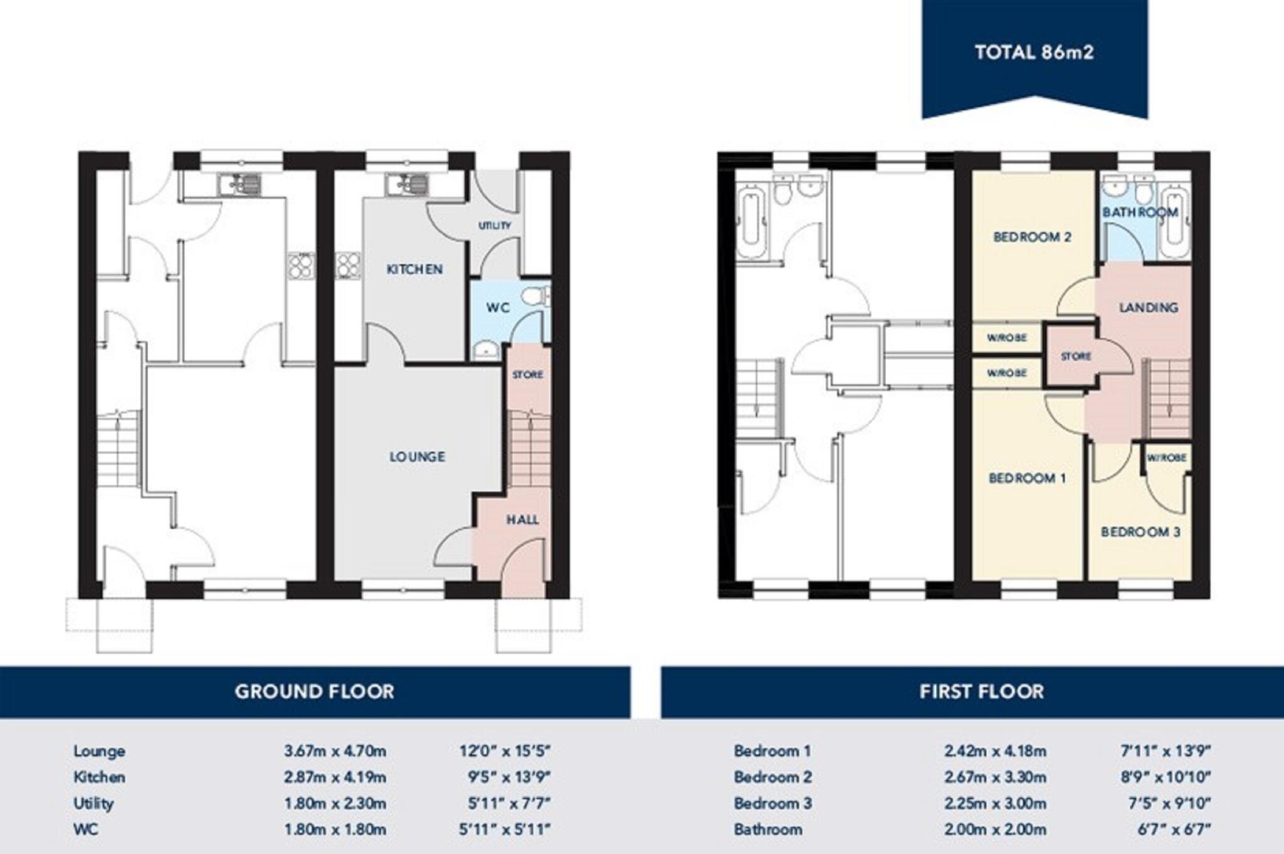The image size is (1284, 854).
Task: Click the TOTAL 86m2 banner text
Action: [1034, 52]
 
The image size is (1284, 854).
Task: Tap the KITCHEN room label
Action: [414, 270]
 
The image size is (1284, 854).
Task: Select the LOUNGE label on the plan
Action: [417, 457]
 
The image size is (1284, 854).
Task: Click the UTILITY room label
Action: [495, 226]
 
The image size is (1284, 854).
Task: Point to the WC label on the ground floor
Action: [498, 308]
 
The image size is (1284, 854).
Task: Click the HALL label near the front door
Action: [522, 520]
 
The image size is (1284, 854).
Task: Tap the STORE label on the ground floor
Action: [527, 375]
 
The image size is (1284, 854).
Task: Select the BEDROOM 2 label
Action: [1032, 237]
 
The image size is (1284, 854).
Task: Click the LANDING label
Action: [1149, 307]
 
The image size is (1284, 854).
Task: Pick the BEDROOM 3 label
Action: [1140, 532]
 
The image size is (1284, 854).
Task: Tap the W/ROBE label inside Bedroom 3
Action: [1166, 458]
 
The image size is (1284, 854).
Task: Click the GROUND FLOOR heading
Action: [314, 692]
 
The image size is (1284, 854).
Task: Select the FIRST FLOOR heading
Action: [982, 692]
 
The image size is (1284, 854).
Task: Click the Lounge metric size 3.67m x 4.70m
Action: [335, 751]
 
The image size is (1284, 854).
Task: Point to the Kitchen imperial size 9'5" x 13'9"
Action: [509, 777]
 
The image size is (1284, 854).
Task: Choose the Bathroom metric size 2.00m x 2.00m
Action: [995, 830]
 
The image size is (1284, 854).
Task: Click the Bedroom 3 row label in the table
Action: [772, 803]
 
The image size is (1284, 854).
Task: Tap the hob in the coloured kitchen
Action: [348, 265]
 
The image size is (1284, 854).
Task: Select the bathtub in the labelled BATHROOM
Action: [1174, 221]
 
